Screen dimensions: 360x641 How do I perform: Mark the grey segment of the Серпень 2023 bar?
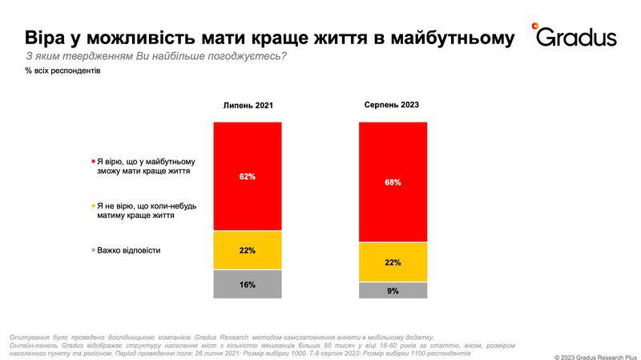[x=393, y=290]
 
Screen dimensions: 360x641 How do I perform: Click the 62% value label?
[x=248, y=176]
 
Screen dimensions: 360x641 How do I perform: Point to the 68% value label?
[x=393, y=182]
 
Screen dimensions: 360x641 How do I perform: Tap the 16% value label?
[x=248, y=285]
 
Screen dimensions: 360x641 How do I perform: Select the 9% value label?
[x=393, y=291]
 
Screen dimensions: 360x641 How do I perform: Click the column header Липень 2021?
[x=248, y=106]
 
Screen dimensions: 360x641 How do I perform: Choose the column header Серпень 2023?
[x=393, y=105]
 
